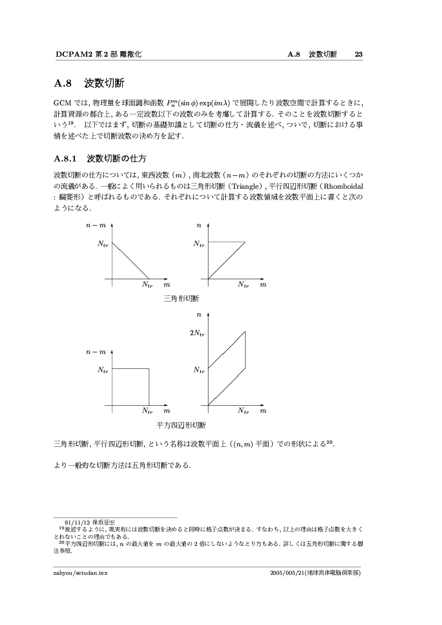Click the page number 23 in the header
pyautogui.click(x=359, y=54)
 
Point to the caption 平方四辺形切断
pyautogui.click(x=181, y=426)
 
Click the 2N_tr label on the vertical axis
pyautogui.click(x=197, y=333)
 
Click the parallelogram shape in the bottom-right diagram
pyautogui.click(x=227, y=368)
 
